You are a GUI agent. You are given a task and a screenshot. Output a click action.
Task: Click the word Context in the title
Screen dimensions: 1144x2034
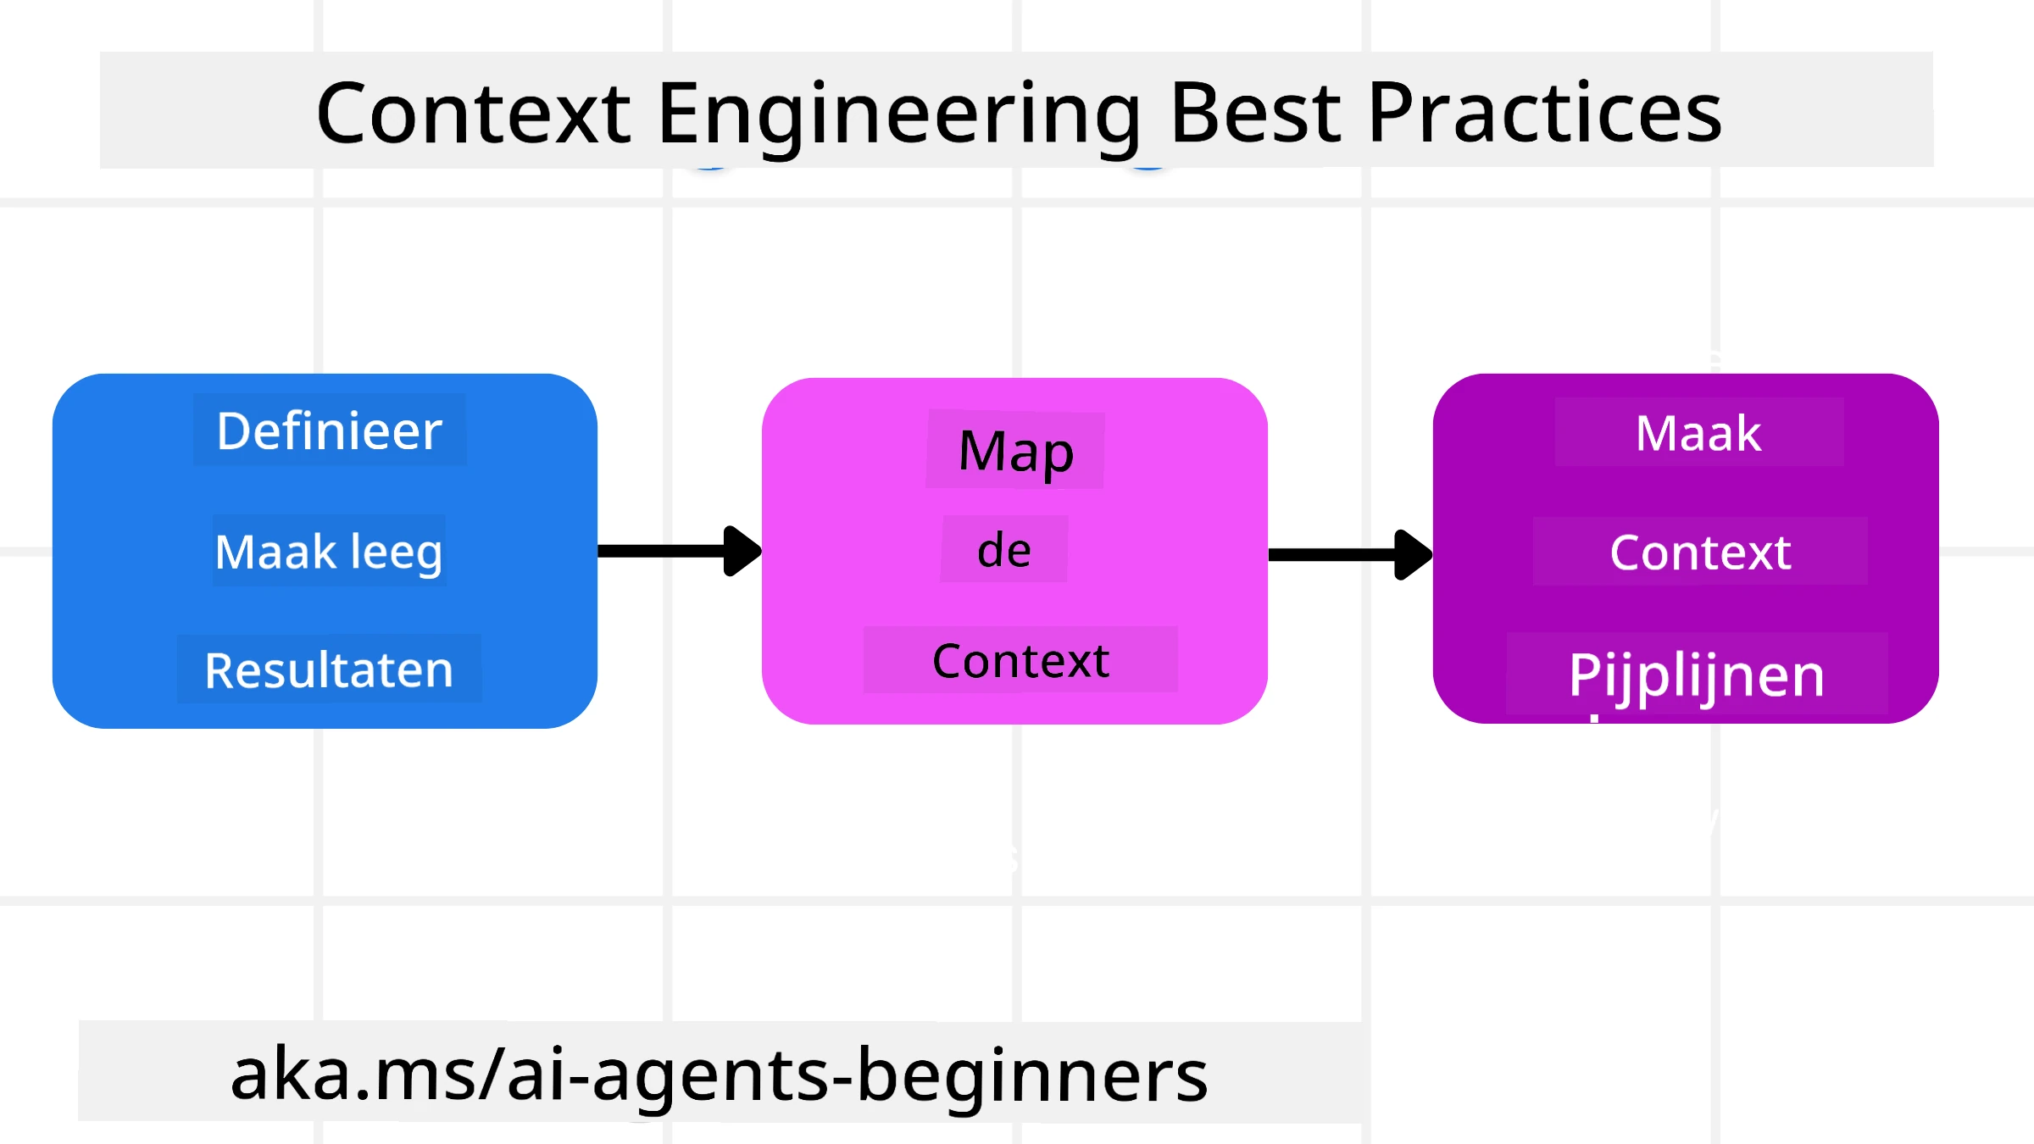tap(473, 114)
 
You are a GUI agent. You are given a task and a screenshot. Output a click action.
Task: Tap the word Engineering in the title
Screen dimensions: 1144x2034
tap(898, 114)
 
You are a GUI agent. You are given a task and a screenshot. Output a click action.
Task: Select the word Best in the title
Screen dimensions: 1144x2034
tap(1255, 114)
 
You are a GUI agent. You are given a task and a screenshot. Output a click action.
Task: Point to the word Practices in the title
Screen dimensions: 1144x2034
tap(1544, 114)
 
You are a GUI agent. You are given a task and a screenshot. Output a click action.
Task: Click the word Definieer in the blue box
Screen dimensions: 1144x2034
tap(329, 430)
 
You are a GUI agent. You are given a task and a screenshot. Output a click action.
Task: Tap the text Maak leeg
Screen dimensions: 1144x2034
tap(329, 552)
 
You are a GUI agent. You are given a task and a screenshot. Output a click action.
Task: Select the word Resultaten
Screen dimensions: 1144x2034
tap(329, 669)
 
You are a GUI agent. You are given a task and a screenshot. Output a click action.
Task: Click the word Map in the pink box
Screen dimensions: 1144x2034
tap(1015, 451)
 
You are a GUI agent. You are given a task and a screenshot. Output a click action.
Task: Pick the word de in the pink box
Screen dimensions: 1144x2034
tap(1003, 550)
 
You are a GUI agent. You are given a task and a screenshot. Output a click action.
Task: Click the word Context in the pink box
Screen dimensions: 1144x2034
tap(1020, 661)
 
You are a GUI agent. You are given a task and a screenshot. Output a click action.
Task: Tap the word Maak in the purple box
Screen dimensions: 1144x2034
tap(1698, 433)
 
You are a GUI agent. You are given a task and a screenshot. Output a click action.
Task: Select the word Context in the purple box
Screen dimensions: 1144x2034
tap(1700, 553)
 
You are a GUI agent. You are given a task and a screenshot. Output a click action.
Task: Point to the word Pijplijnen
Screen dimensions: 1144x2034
tap(1696, 675)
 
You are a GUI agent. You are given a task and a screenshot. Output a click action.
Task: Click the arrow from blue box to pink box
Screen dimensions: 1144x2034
tap(670, 551)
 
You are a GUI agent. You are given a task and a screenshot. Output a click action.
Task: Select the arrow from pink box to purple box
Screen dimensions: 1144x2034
tap(1339, 555)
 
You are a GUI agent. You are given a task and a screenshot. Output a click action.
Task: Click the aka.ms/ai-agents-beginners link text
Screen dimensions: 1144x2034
tap(719, 1075)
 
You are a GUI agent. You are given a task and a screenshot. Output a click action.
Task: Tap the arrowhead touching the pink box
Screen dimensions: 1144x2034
tap(742, 551)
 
